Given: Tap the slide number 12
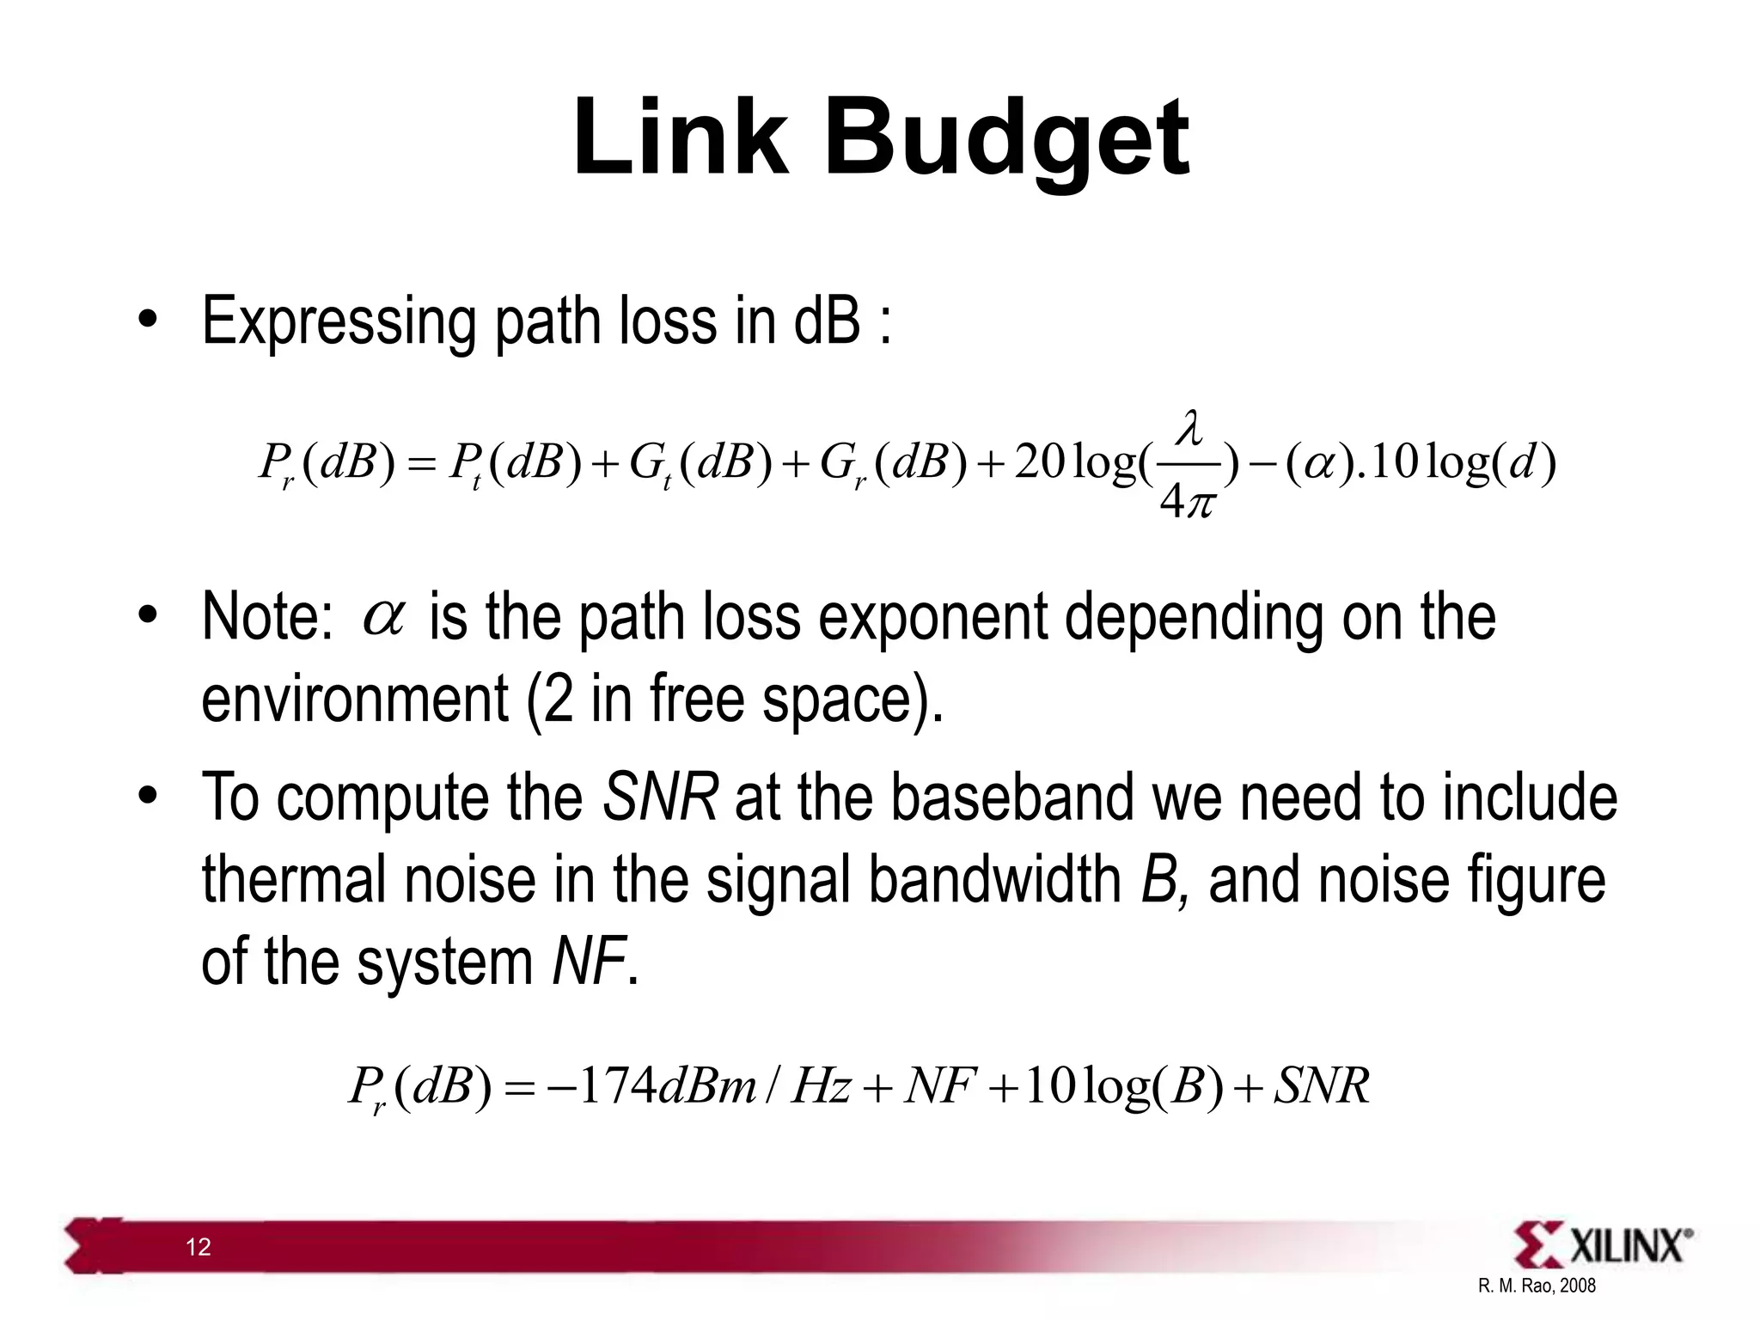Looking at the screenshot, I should (199, 1247).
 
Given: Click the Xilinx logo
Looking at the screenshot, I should (1604, 1245).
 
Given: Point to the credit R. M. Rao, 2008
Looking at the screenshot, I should (1537, 1286).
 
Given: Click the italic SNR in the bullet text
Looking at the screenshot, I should (660, 797).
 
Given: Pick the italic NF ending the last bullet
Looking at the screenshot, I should (588, 962).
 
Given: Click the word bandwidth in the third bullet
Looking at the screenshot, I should (994, 880).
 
